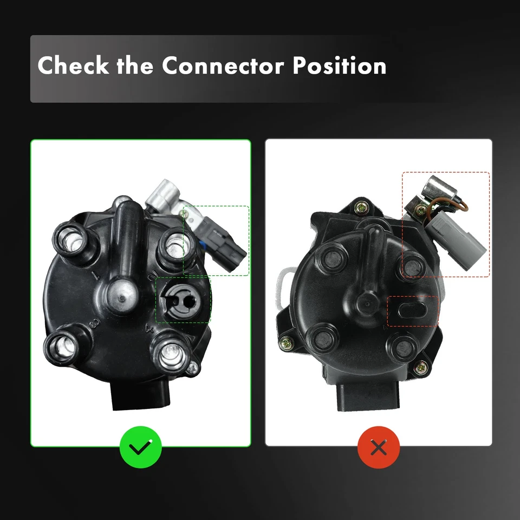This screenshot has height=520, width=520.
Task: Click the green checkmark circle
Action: click(x=141, y=448)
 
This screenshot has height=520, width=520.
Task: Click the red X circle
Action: click(x=379, y=448)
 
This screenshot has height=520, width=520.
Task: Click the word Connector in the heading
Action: click(x=223, y=67)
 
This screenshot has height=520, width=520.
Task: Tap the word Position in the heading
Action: click(x=339, y=67)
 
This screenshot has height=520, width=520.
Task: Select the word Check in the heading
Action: click(x=73, y=67)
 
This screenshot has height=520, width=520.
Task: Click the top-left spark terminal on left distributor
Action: click(x=70, y=238)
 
